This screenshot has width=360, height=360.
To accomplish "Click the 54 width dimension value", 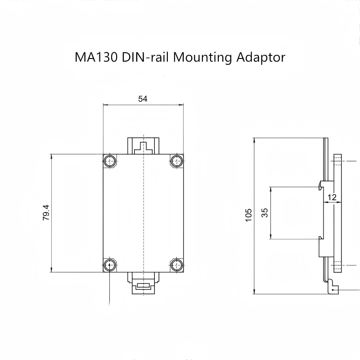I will click(x=143, y=99).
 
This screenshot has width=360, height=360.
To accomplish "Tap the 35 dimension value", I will click(x=265, y=212).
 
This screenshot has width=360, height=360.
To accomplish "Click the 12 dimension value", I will click(x=332, y=197).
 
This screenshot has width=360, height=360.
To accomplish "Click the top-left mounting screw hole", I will click(x=110, y=161).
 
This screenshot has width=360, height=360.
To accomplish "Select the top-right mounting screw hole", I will click(x=177, y=161).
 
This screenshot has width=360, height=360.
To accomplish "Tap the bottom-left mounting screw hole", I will click(x=110, y=265).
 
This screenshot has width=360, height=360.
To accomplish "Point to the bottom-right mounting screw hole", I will click(x=177, y=265).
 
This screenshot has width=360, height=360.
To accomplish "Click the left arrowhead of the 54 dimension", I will click(x=105, y=105).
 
